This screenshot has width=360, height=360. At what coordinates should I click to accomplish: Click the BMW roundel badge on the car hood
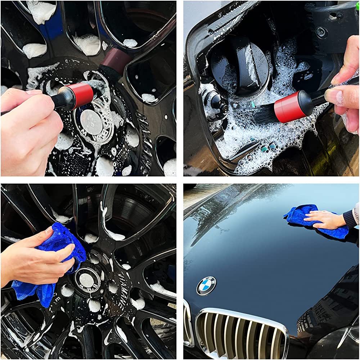(206, 286)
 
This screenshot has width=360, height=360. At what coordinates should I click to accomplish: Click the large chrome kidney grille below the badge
(241, 333)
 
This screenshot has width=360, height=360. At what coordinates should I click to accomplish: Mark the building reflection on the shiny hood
(317, 310)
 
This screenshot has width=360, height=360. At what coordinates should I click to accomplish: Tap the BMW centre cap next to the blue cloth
(87, 279)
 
